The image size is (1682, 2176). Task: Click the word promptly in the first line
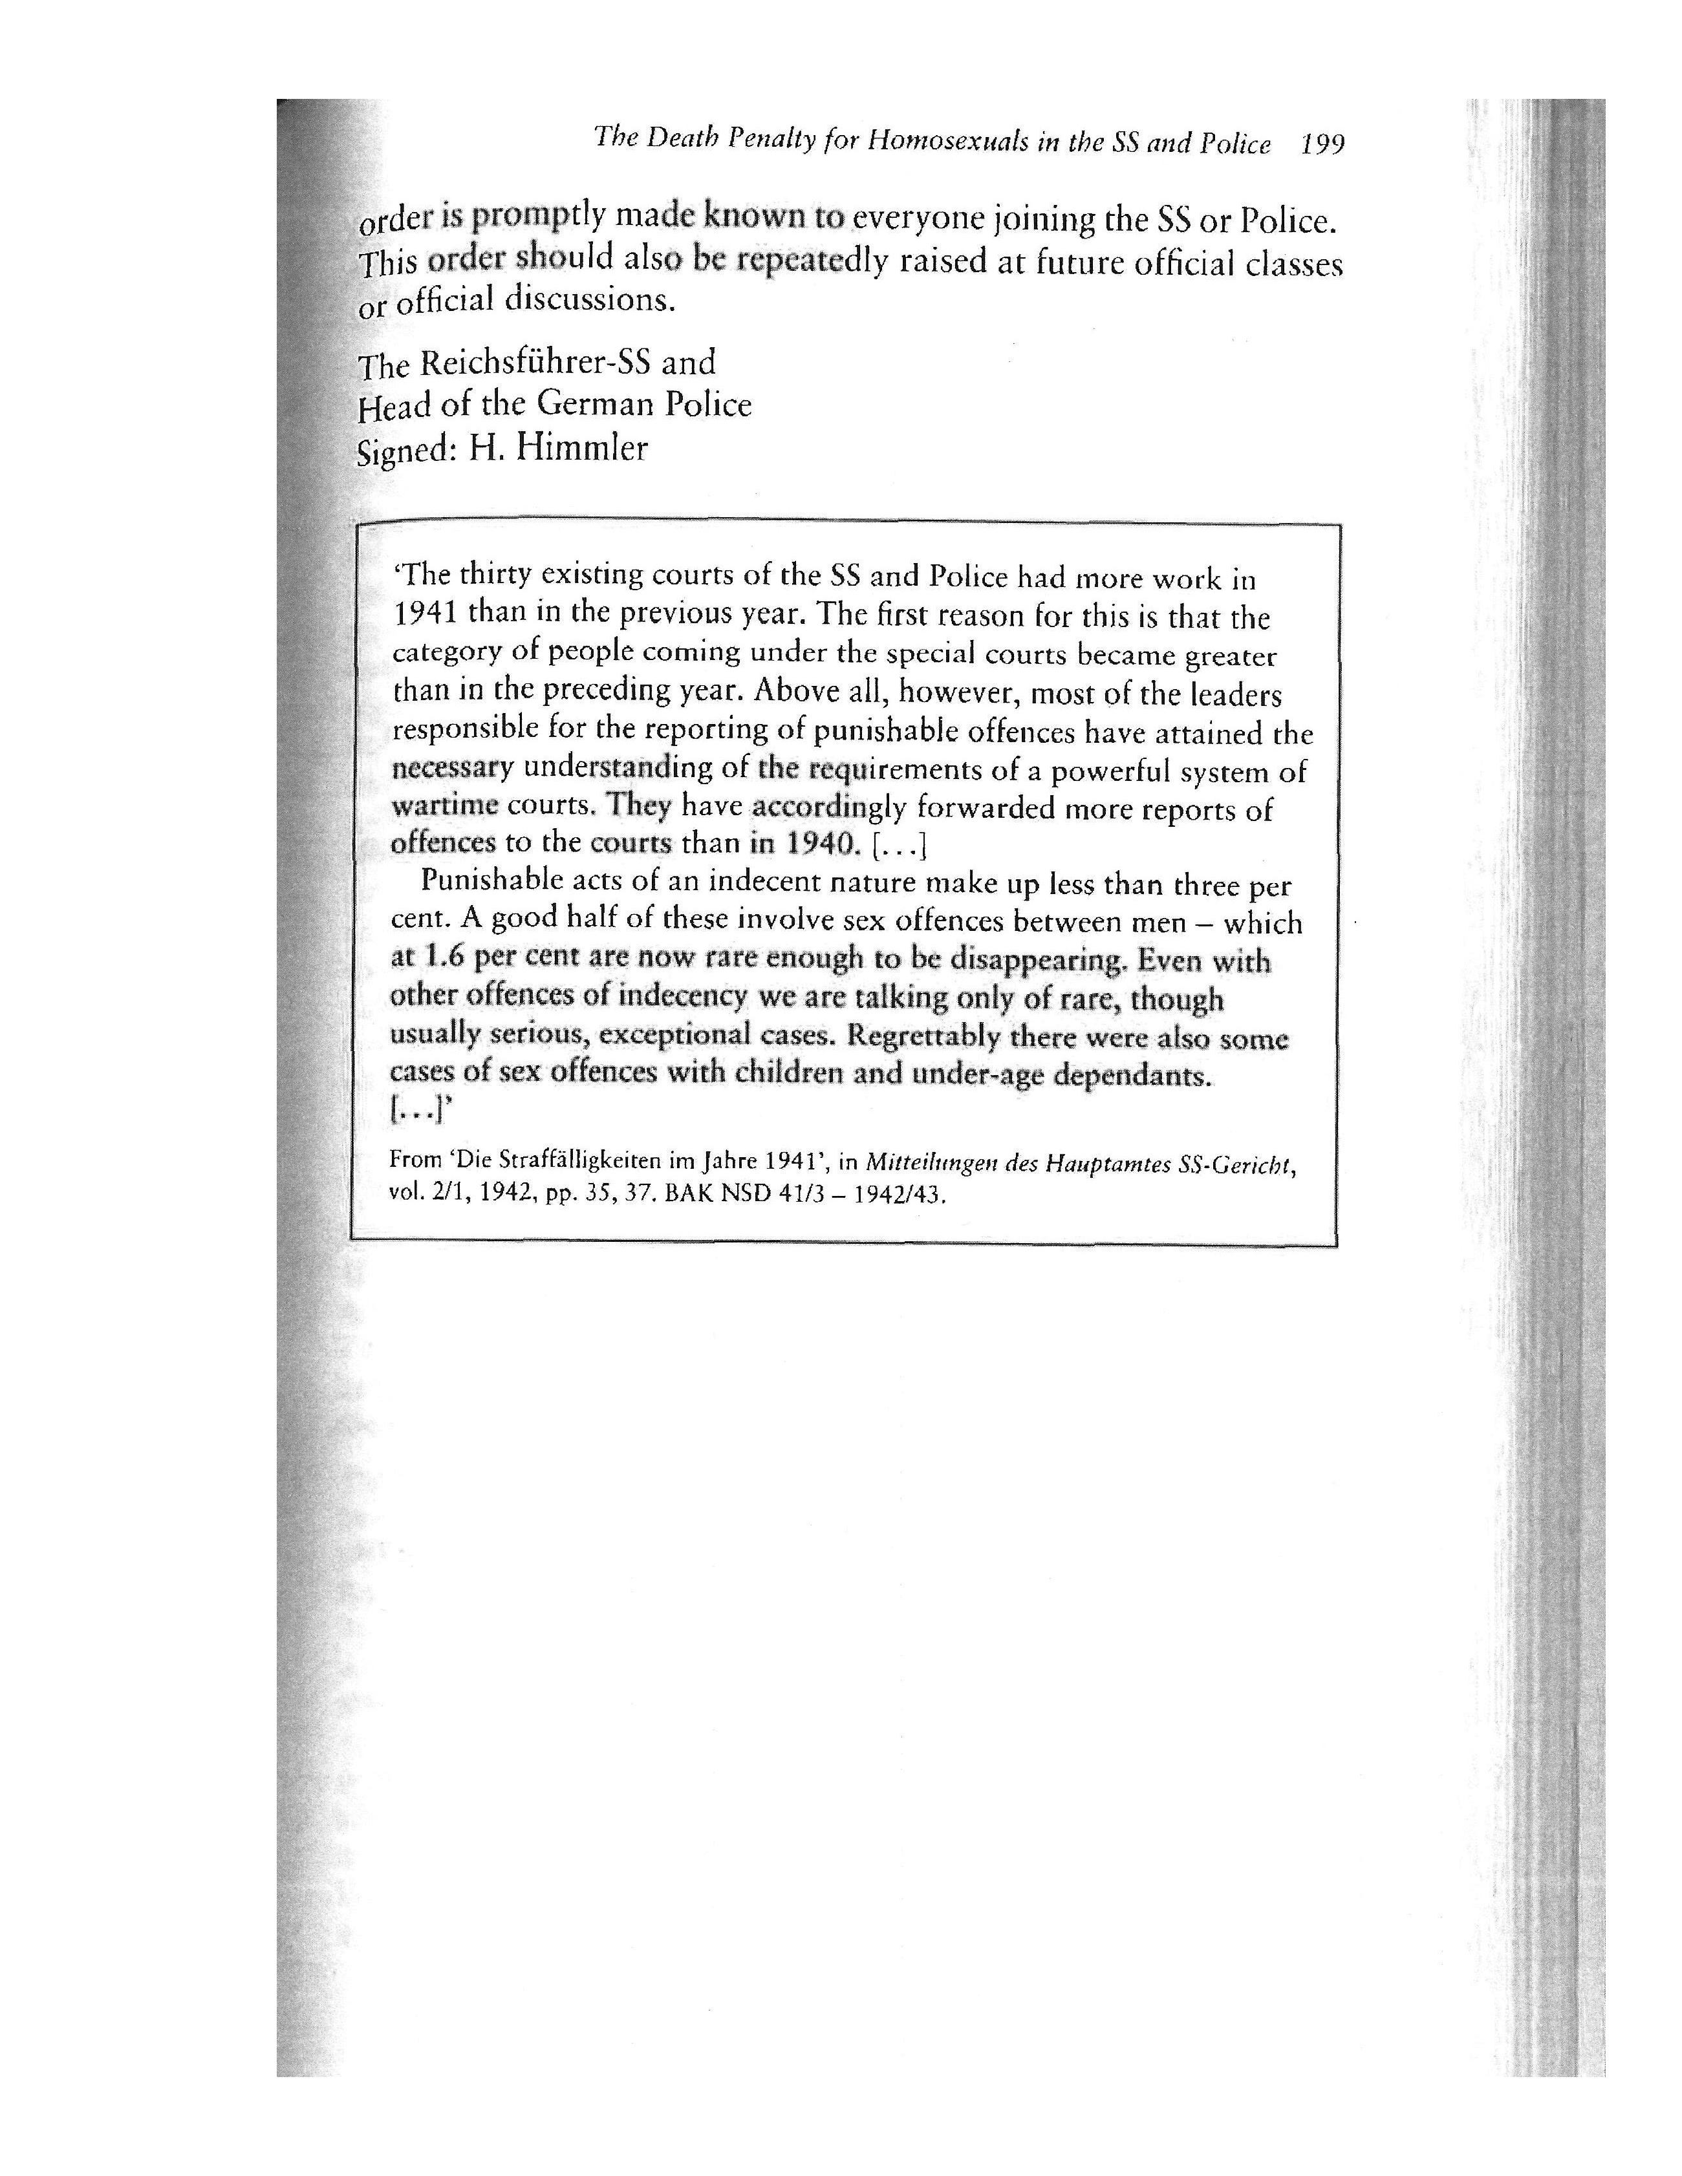coord(537,215)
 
